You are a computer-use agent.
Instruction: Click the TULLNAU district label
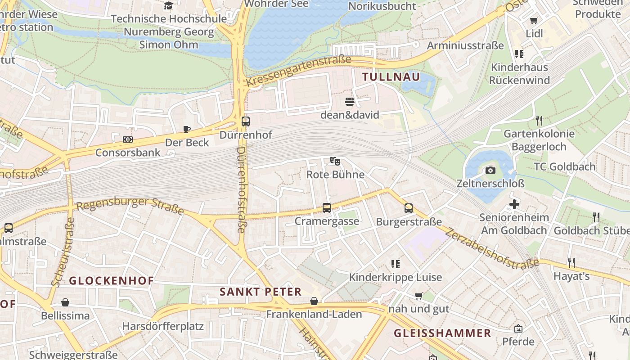(391, 77)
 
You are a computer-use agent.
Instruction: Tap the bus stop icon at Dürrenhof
(246, 121)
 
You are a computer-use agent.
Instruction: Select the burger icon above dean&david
(350, 101)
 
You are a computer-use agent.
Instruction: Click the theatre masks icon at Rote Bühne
(335, 161)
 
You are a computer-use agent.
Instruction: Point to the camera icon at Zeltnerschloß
(490, 170)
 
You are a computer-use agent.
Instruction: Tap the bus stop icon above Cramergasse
(327, 208)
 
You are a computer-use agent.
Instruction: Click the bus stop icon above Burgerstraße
(409, 208)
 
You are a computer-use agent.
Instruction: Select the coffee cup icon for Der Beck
(187, 130)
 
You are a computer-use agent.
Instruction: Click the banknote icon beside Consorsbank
(128, 139)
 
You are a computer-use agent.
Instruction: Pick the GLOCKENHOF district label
(111, 281)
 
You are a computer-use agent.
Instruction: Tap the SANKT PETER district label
(261, 292)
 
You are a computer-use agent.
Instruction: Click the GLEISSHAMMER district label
(442, 333)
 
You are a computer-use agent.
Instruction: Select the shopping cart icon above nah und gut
(419, 296)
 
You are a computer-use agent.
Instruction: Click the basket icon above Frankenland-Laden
(314, 301)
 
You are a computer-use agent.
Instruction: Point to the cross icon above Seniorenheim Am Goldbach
(514, 205)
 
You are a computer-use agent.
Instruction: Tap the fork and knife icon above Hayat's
(571, 262)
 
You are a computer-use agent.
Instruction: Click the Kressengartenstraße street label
(298, 71)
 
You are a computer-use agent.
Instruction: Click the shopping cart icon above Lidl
(534, 20)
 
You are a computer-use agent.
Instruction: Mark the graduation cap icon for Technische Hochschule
(169, 6)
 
